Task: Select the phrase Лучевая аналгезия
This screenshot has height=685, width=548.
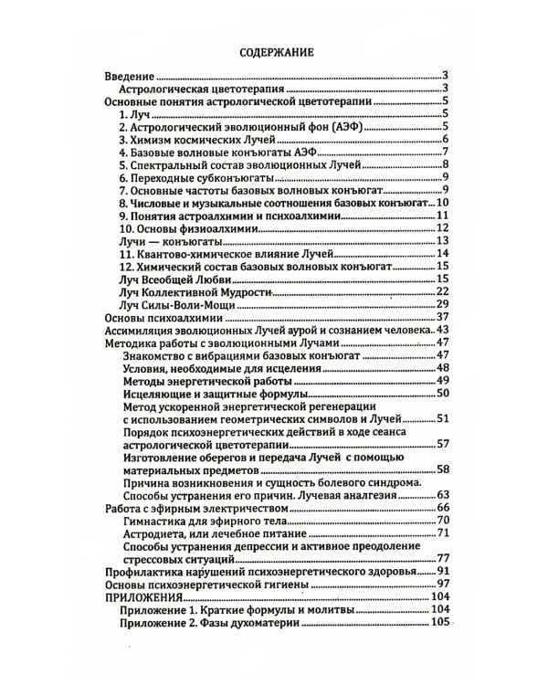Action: (x=344, y=494)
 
